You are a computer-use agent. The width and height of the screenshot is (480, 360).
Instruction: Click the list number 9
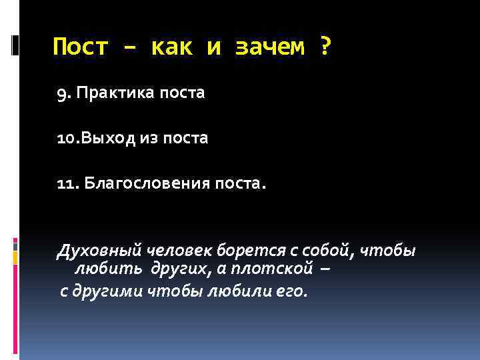(63, 93)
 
